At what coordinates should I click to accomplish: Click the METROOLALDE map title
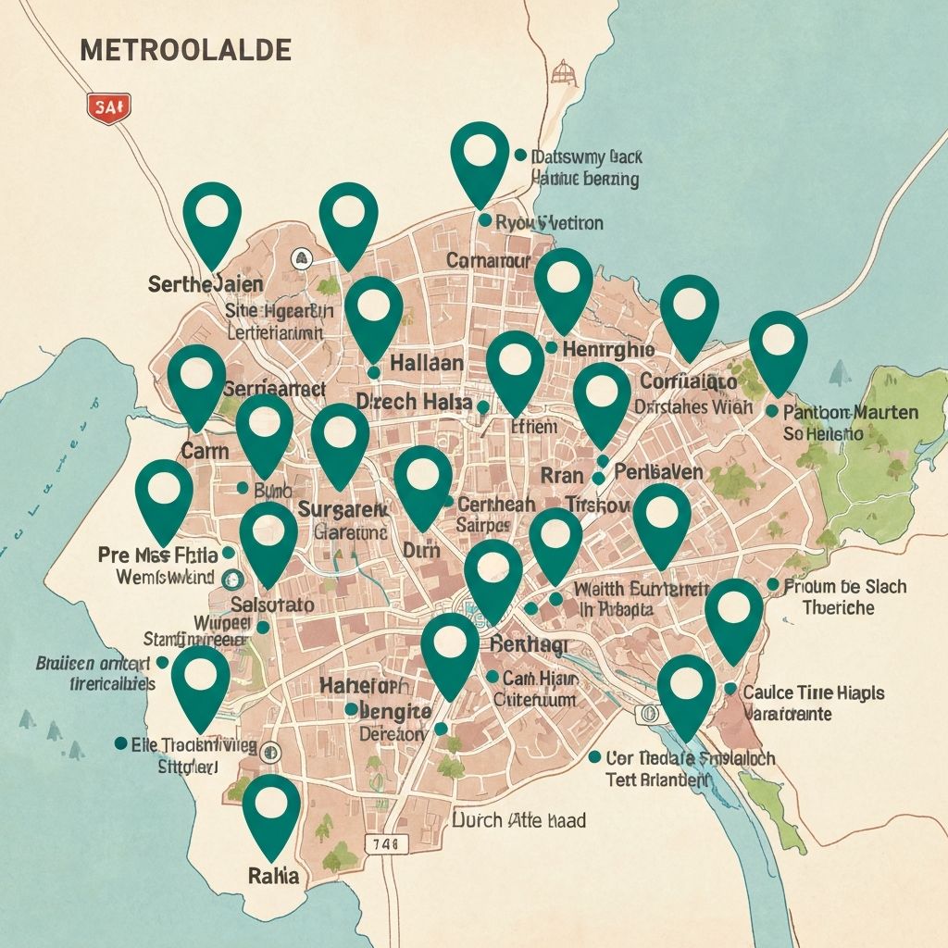(x=186, y=50)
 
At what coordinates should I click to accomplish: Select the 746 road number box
(x=386, y=842)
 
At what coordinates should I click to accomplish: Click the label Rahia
(x=274, y=875)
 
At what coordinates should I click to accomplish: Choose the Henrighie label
(x=609, y=349)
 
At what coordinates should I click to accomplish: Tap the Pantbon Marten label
(x=850, y=412)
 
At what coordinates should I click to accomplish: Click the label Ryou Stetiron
(x=549, y=223)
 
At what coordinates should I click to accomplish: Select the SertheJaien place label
(x=206, y=284)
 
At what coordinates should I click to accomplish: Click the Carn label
(x=206, y=451)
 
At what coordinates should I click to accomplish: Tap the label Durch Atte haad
(x=518, y=820)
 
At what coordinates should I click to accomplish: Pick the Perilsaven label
(x=658, y=473)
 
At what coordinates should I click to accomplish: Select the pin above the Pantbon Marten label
(x=778, y=347)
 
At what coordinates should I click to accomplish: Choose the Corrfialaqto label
(x=689, y=381)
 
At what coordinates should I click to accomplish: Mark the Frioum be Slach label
(x=844, y=586)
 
